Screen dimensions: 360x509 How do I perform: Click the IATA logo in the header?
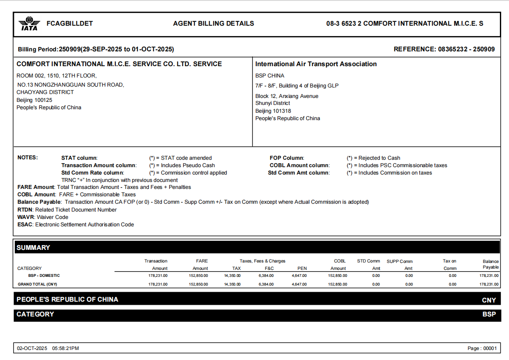29,24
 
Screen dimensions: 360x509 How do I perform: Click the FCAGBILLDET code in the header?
70,24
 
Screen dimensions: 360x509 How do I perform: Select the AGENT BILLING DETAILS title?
213,24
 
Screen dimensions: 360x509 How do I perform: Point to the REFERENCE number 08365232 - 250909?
444,49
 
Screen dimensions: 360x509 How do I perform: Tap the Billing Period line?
96,49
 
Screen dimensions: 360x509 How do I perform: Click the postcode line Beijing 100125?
34,100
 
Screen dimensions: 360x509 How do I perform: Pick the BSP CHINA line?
270,76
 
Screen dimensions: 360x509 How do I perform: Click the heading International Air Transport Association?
316,64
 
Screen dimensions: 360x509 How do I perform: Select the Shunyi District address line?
273,103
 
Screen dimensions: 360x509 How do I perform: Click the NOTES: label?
27,158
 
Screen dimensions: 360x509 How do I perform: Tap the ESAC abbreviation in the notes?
25,225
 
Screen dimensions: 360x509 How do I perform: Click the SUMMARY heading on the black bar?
33,247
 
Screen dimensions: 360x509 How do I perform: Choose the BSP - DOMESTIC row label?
44,276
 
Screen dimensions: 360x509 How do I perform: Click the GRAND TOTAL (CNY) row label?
37,284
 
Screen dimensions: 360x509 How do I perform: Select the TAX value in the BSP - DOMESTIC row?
232,276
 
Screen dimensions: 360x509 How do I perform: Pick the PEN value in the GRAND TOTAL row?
299,284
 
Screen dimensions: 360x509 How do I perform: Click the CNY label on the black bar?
489,300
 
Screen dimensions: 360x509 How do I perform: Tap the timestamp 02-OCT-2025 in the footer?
32,348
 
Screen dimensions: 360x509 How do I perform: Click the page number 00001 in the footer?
489,348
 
